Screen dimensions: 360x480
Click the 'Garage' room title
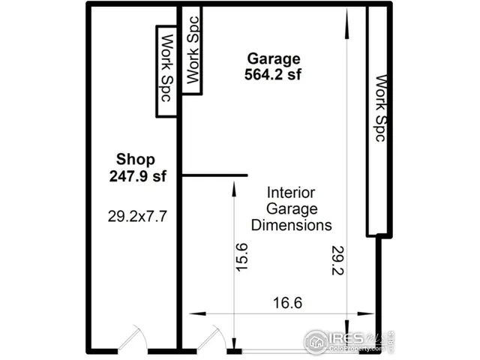click(x=273, y=58)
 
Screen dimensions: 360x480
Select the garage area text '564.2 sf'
click(x=273, y=73)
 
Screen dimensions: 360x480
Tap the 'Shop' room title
click(x=136, y=159)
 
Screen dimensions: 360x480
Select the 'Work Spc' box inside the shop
click(x=166, y=71)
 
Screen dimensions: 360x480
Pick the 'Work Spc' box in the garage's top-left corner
click(x=193, y=50)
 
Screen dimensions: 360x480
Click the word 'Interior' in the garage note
click(x=291, y=193)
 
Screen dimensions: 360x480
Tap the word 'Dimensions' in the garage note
click(x=291, y=224)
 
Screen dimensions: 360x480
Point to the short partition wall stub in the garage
click(x=214, y=175)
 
